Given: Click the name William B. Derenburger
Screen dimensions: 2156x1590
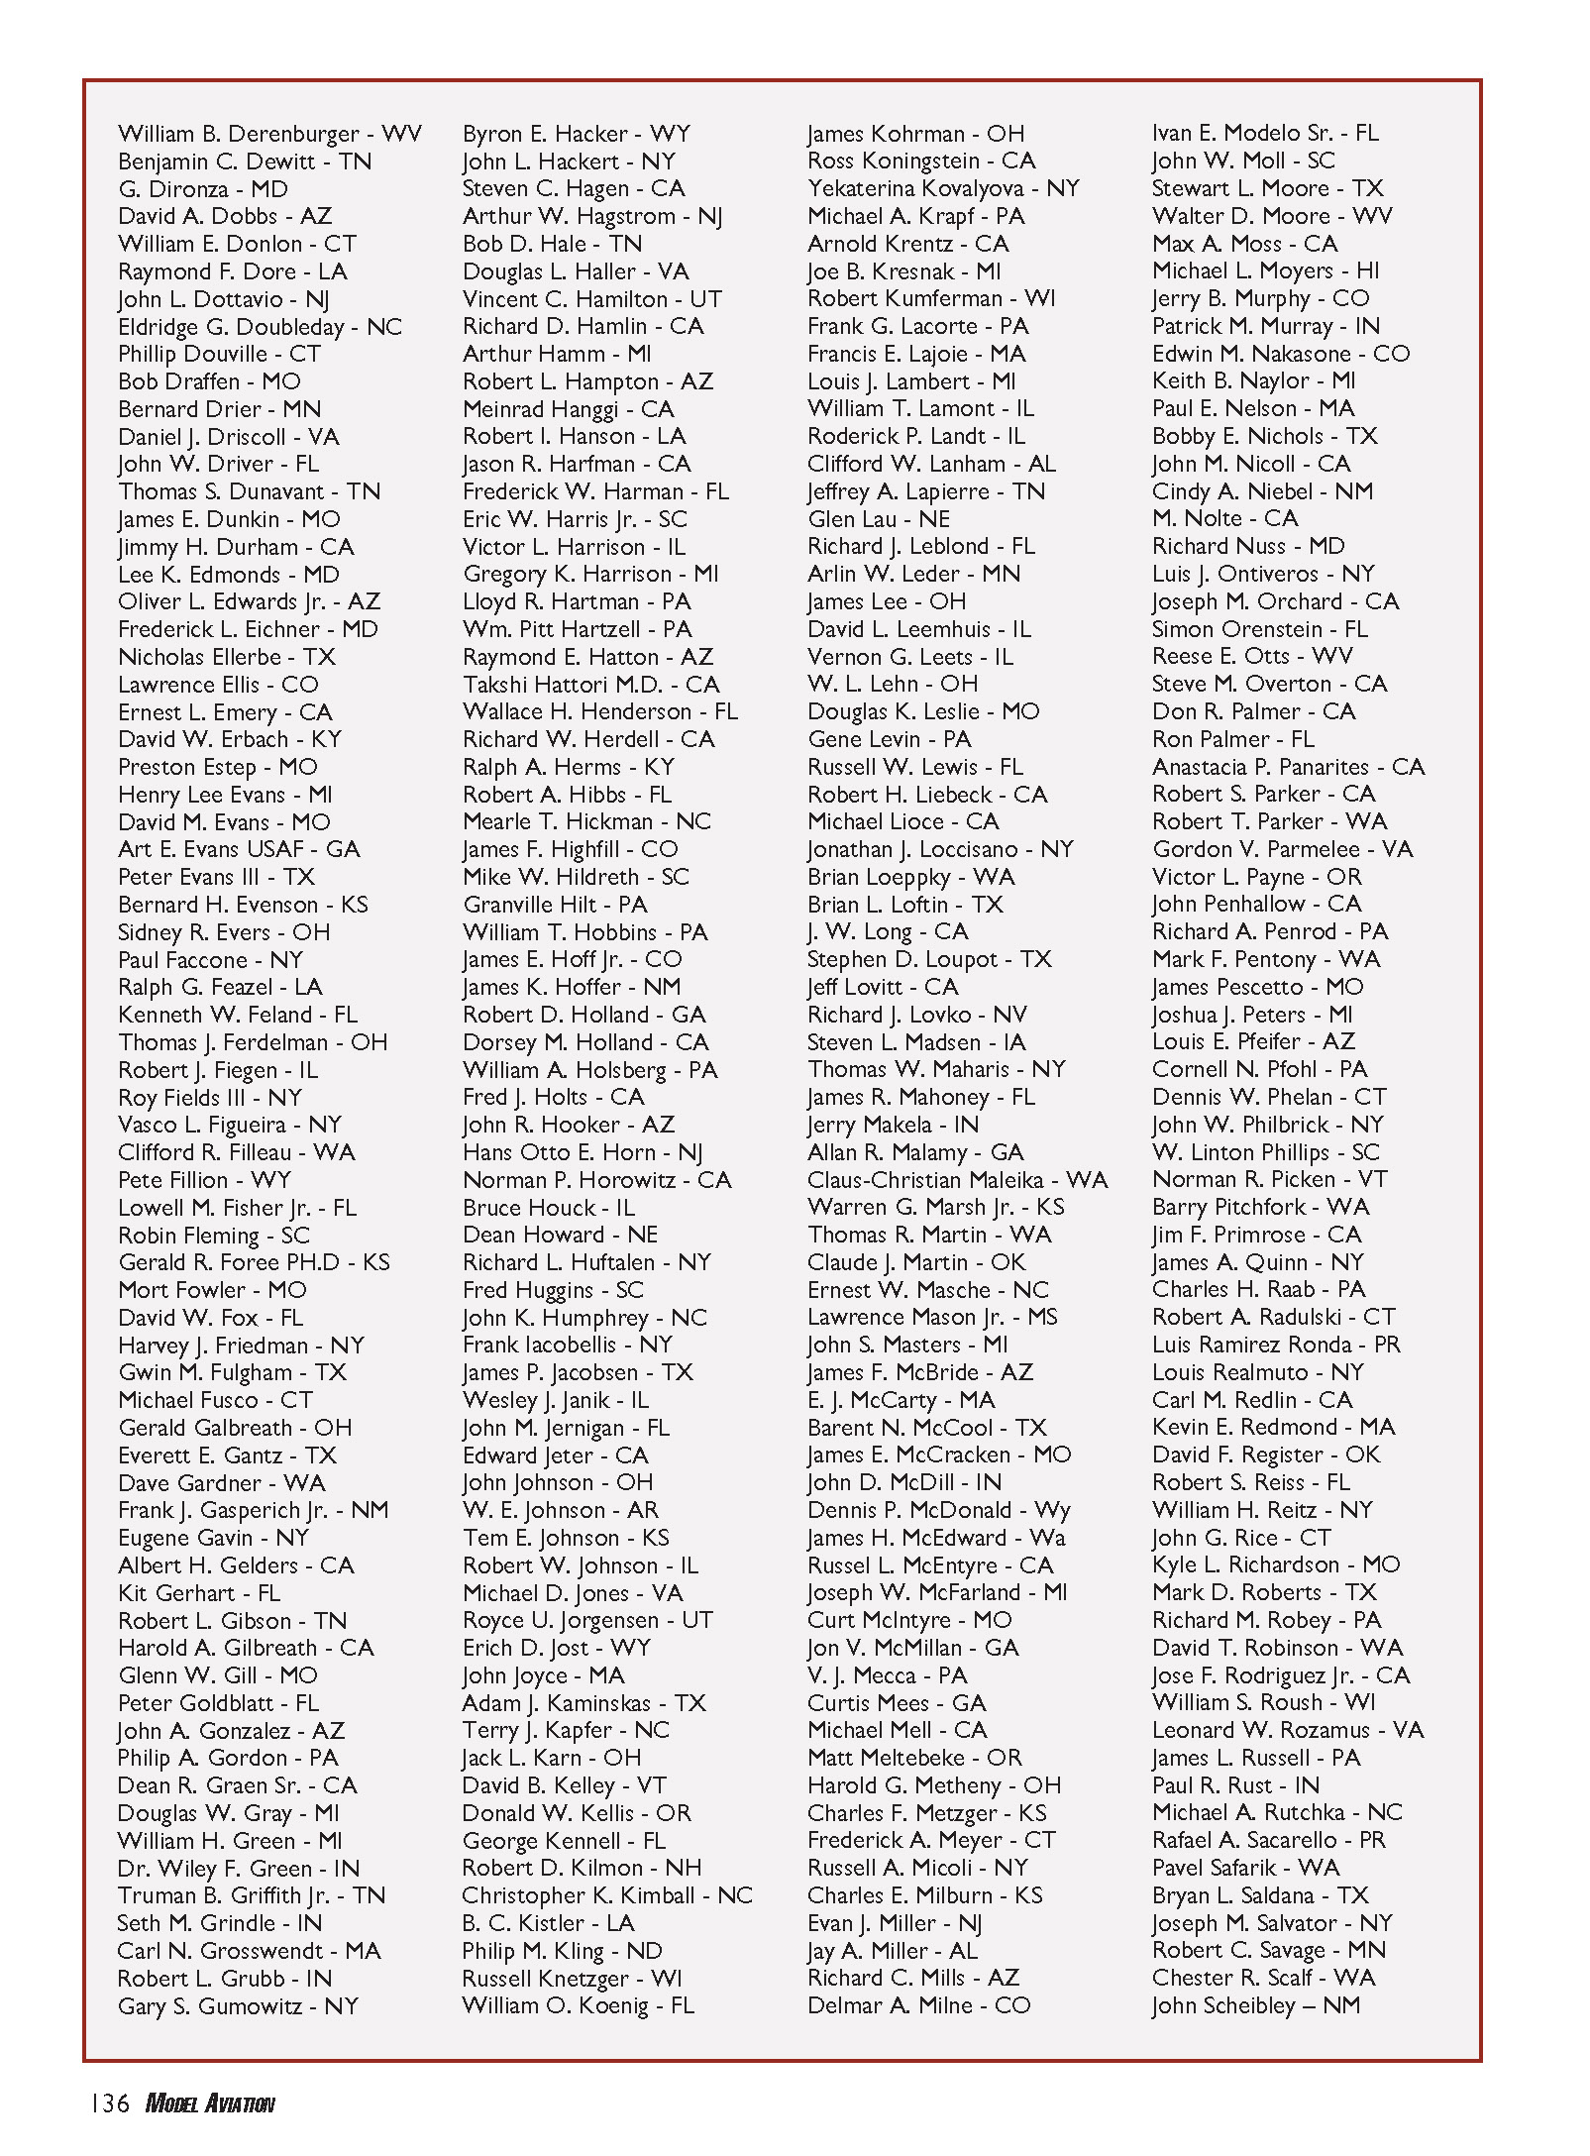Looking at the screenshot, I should tap(239, 134).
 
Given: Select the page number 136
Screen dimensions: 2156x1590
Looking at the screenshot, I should tap(110, 2102).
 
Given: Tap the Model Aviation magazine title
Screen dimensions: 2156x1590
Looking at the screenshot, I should tap(210, 2102).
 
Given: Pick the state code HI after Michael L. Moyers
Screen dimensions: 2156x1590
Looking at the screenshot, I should tap(1368, 270).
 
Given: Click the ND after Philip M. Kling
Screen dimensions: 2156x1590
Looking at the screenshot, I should tap(644, 1951).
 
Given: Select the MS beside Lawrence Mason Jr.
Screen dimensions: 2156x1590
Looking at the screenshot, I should tap(1042, 1317).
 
